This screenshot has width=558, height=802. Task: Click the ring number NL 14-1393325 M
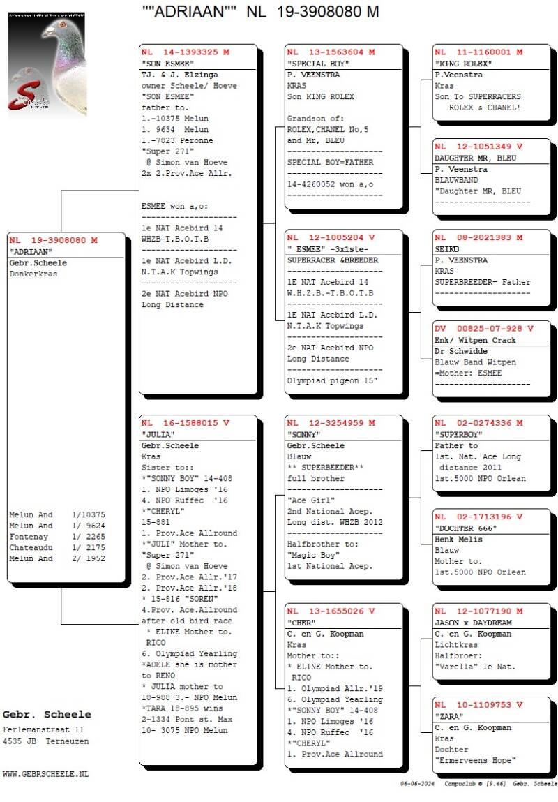(x=185, y=52)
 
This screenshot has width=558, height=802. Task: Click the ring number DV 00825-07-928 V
(x=483, y=328)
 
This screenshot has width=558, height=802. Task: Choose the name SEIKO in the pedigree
(x=446, y=249)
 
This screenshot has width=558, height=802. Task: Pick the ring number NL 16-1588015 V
(x=185, y=423)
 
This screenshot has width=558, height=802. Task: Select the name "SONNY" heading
(x=305, y=434)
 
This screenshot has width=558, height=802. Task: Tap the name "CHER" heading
(x=301, y=623)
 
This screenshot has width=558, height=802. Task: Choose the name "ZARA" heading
(x=451, y=716)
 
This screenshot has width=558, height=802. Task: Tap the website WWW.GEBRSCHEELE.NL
(x=46, y=774)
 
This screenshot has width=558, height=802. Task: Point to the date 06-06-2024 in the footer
(x=418, y=785)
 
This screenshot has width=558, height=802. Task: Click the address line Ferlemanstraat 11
(x=43, y=729)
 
